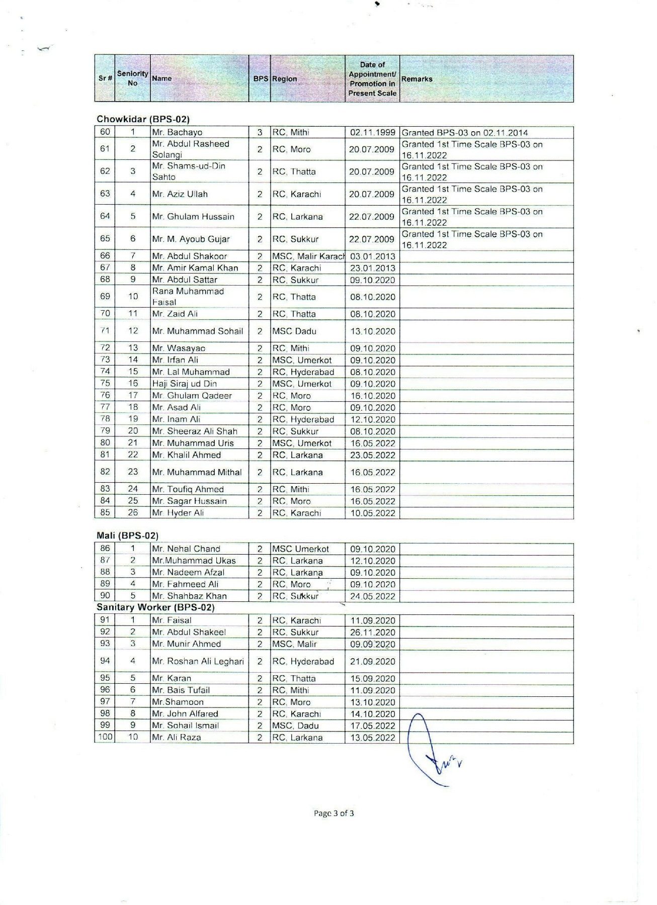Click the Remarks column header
(x=417, y=79)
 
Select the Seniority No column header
(x=132, y=78)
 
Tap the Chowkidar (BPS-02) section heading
(x=143, y=119)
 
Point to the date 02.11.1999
(x=372, y=133)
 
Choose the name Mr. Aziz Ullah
(x=180, y=194)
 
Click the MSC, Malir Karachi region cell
(x=308, y=256)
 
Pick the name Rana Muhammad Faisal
(x=188, y=297)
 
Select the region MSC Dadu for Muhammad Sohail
(x=294, y=331)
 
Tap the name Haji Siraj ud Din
(x=184, y=384)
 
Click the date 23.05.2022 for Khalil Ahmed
(x=372, y=456)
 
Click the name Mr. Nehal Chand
(x=186, y=549)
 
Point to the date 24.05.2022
(x=372, y=596)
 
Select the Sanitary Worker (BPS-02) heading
(x=155, y=607)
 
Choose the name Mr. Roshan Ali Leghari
(x=198, y=662)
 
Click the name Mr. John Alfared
(x=185, y=714)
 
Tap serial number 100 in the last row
(x=105, y=738)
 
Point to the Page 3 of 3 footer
(x=334, y=813)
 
